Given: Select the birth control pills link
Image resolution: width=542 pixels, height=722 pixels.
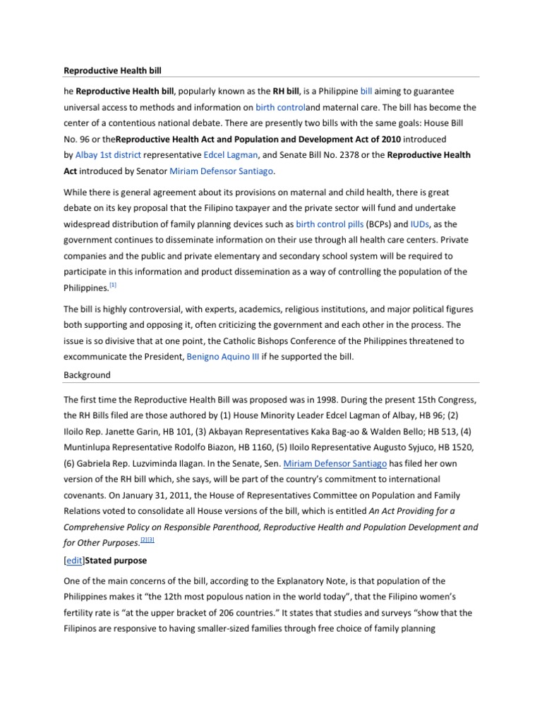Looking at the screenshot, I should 330,224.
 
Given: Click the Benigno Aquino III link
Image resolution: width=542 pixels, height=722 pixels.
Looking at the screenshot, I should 222,357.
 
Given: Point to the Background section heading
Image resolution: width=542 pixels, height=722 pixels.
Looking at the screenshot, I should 87,375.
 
